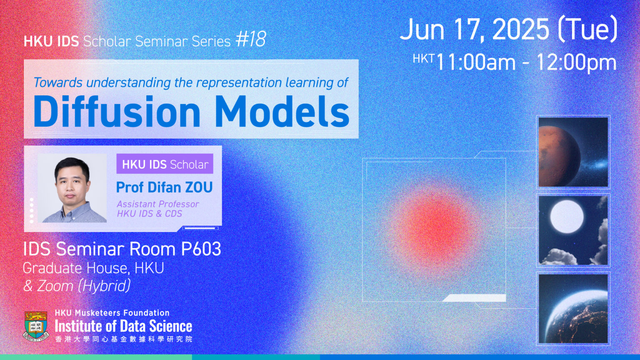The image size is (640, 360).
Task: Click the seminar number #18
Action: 251,40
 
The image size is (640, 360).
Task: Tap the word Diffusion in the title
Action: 117,111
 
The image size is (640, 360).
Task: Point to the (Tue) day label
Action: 587,30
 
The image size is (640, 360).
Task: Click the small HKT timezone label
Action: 423,59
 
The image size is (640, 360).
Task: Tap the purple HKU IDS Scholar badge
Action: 165,164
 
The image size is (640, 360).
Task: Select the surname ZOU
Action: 199,187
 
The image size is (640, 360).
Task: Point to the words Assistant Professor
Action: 158,204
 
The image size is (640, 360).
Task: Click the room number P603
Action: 201,249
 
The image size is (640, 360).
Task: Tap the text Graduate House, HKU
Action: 93,268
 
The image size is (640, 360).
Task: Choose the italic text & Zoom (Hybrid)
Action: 77,286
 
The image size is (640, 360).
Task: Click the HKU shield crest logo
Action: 36,326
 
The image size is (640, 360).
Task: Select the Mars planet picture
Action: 573,152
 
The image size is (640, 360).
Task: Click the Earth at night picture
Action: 573,309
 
